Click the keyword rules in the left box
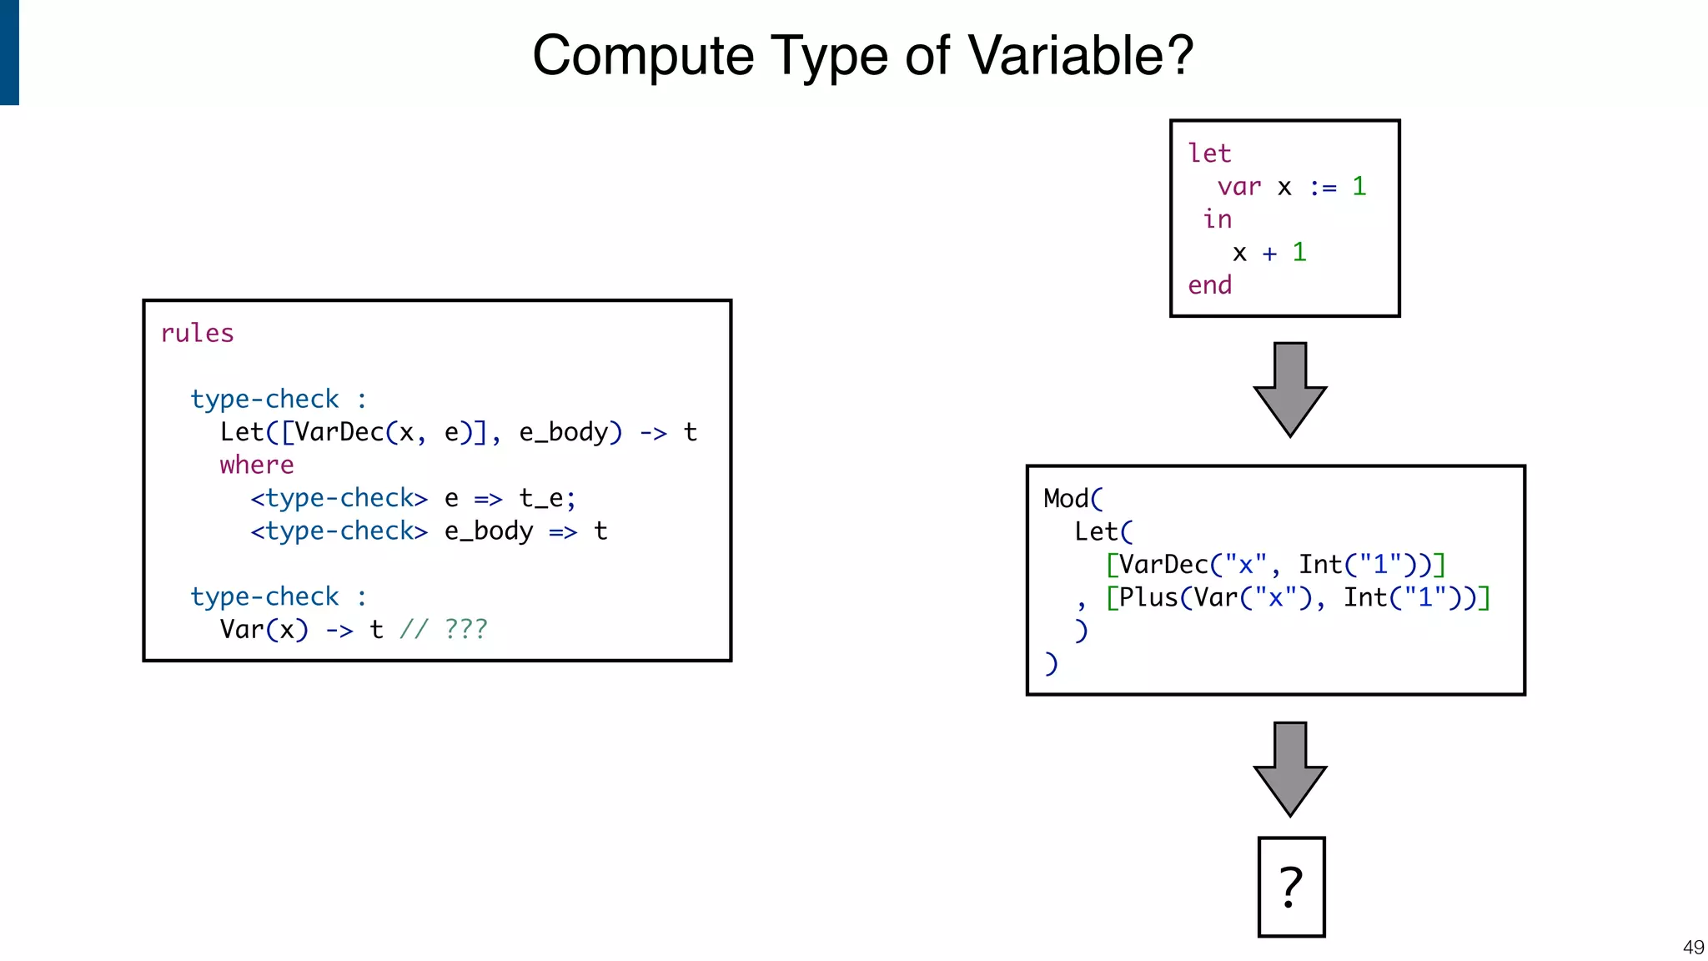[197, 334]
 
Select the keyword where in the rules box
[257, 465]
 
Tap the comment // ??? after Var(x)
[443, 630]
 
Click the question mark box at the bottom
[1291, 887]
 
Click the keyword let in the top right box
[1209, 153]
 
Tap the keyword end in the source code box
[1209, 285]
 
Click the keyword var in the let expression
[1238, 187]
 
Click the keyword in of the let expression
[1217, 219]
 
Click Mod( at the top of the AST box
[1073, 499]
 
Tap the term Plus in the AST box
[1148, 597]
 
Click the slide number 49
[1693, 948]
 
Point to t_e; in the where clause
[547, 499]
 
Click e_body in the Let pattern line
[564, 433]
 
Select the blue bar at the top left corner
[9, 52]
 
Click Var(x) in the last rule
[264, 630]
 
